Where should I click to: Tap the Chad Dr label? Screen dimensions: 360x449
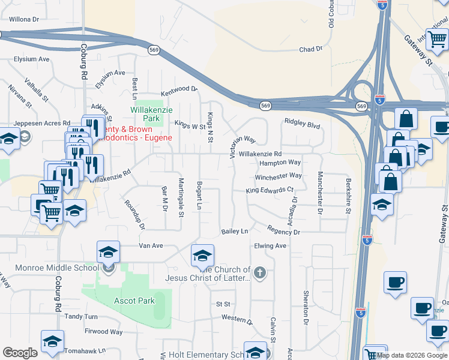point(311,49)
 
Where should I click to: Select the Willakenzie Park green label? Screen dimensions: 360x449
point(145,114)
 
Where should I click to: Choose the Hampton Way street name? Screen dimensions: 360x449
point(280,163)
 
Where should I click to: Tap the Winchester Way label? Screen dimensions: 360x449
point(278,176)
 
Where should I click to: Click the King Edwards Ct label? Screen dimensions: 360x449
point(270,190)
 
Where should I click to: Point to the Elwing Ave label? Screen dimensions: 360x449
point(270,246)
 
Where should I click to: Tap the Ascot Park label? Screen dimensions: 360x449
point(136,301)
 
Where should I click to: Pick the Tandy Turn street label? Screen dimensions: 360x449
point(81,316)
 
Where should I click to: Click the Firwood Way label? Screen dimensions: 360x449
point(103,332)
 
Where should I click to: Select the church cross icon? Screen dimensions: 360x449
point(259,274)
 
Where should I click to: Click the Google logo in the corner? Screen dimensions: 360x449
point(20,353)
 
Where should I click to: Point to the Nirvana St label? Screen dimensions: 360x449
point(20,97)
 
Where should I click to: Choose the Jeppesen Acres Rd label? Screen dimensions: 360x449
point(41,122)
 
